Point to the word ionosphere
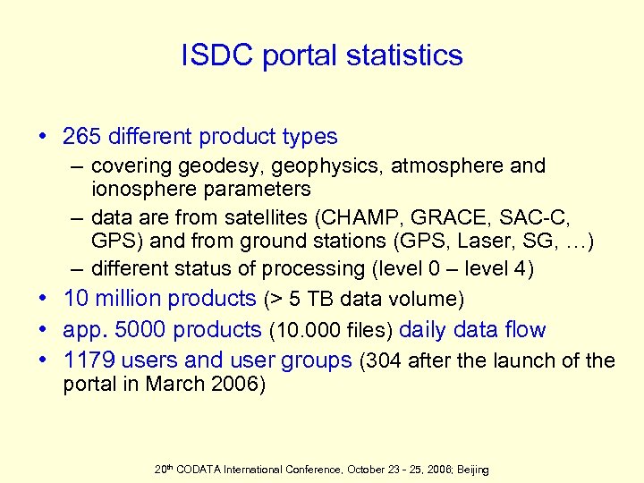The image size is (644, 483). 137,189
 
